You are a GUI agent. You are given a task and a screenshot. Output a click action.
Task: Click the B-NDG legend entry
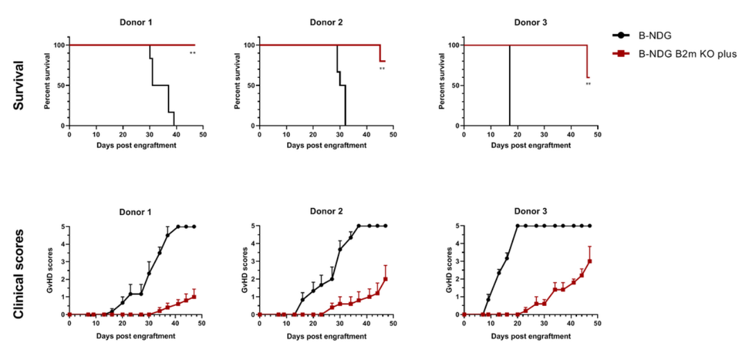(x=648, y=34)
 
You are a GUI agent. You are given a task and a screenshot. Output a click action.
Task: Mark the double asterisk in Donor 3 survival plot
(x=588, y=85)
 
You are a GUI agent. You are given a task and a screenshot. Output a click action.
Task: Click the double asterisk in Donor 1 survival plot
(x=193, y=53)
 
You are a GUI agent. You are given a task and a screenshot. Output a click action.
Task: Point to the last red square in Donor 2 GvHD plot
(x=385, y=279)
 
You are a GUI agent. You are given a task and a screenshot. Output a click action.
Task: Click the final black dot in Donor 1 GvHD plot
(x=194, y=227)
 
